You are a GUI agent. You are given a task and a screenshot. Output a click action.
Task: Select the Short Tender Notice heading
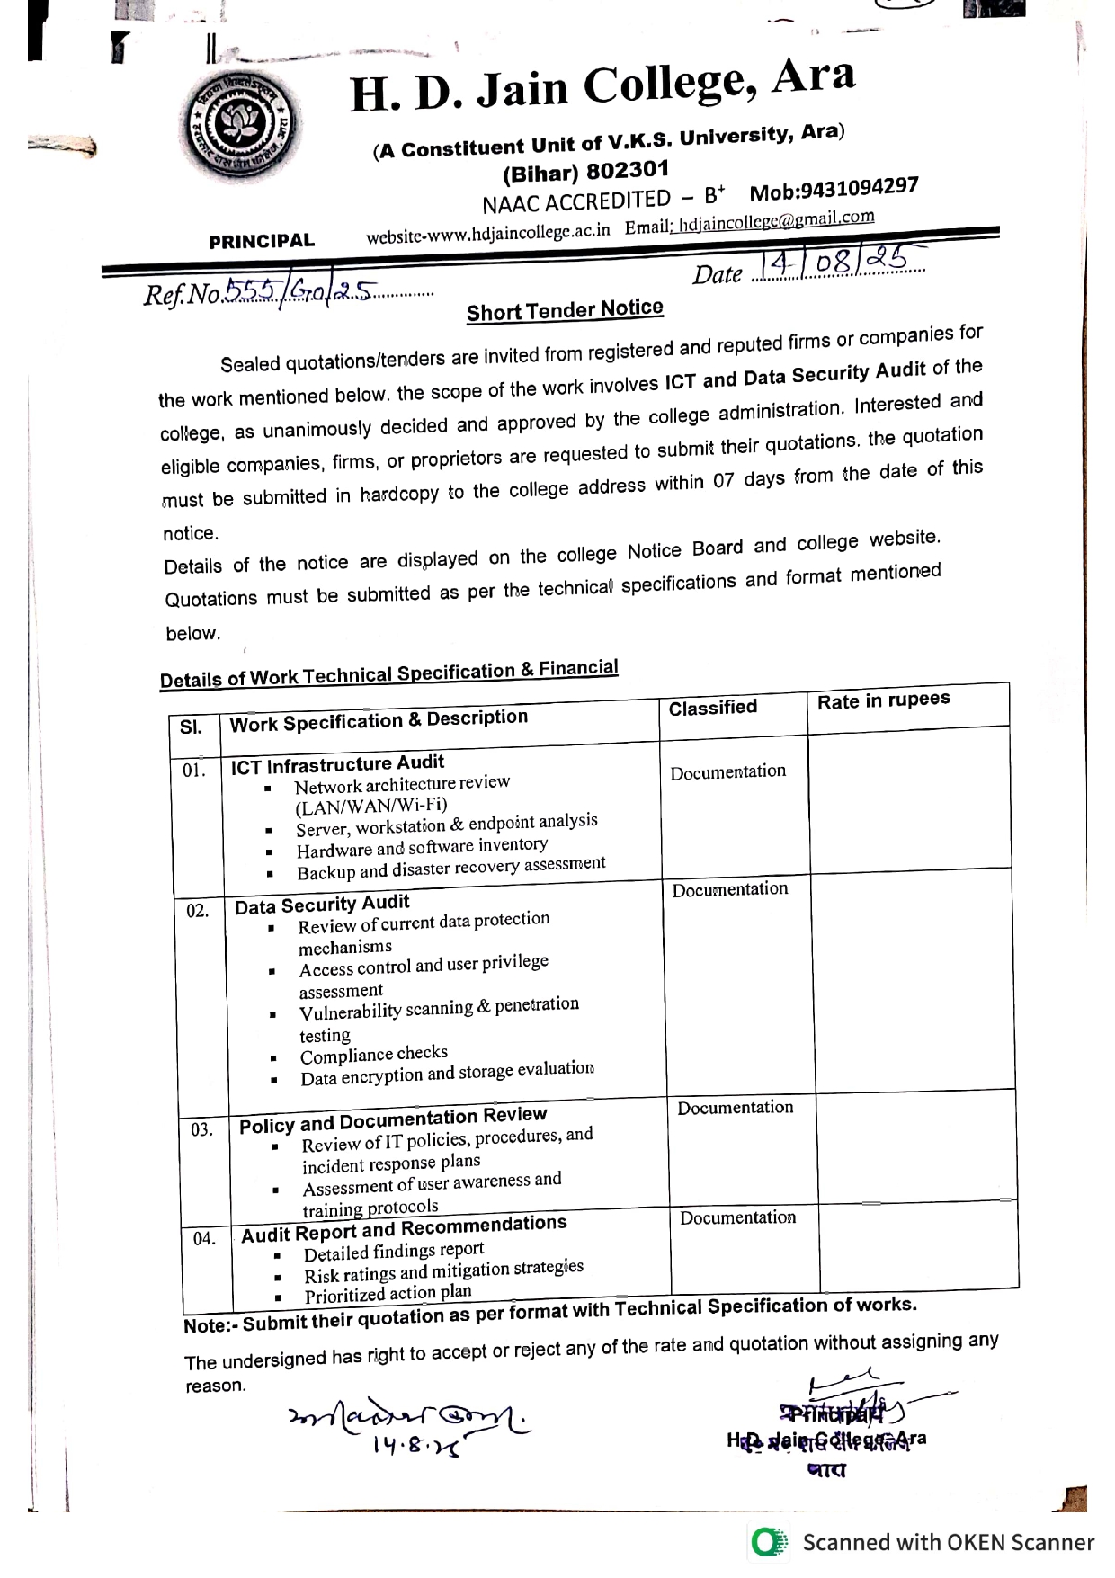point(565,310)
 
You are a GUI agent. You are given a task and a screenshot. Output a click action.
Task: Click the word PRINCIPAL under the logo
point(262,241)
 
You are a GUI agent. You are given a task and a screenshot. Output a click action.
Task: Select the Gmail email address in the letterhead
point(776,221)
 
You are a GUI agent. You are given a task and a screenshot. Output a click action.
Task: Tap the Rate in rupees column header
point(883,700)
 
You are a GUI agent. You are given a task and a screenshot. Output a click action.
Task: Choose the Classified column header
point(712,708)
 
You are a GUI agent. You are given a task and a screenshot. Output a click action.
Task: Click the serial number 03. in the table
point(201,1129)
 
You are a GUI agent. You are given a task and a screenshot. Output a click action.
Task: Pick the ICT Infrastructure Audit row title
point(337,765)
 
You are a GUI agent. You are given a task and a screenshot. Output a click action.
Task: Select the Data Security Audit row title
point(322,905)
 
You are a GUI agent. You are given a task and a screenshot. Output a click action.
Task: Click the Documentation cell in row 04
point(737,1217)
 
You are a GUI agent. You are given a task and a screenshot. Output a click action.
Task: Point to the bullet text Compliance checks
point(373,1055)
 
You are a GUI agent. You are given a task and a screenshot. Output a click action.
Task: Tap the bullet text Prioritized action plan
point(388,1294)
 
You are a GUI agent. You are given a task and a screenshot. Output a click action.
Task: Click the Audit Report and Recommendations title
point(404,1229)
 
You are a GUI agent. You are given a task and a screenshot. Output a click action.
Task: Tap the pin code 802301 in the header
point(627,169)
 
